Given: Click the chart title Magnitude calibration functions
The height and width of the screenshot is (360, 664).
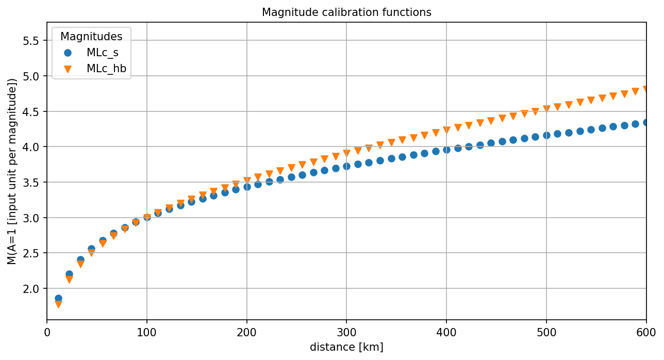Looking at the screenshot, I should click(346, 12).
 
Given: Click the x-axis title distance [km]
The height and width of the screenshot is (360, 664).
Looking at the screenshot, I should click(346, 347).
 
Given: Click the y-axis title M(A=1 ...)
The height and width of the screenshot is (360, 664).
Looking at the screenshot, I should click(12, 171).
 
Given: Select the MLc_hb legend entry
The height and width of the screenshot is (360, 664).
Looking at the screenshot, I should click(106, 68).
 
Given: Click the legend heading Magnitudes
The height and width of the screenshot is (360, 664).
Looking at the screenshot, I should click(91, 37).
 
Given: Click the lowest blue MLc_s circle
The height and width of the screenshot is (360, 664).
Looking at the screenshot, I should click(58, 299).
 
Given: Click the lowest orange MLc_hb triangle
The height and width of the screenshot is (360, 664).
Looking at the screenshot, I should click(58, 304).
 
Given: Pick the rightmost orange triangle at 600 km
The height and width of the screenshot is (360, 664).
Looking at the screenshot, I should click(646, 89).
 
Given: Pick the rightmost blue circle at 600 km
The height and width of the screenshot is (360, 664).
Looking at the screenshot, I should click(646, 122).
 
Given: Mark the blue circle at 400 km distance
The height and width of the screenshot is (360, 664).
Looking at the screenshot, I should click(446, 150).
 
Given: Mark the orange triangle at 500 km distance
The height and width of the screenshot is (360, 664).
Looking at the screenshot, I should click(546, 109).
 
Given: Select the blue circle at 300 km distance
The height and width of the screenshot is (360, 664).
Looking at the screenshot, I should click(346, 166).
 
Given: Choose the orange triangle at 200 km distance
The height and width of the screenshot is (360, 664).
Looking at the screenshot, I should click(247, 181).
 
